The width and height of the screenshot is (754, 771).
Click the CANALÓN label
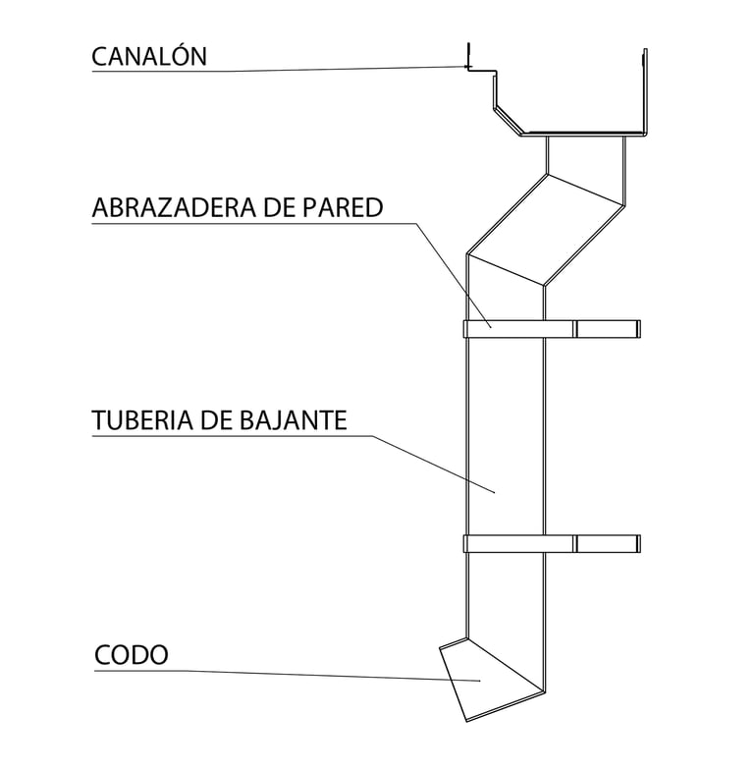pos(149,56)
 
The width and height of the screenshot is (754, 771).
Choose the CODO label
pos(131,654)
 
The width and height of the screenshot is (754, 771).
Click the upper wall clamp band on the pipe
pos(518,328)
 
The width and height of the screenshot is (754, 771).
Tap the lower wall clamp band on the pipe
pos(518,543)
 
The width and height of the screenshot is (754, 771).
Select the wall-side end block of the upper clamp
pos(608,328)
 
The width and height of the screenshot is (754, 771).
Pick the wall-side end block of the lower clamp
pos(608,543)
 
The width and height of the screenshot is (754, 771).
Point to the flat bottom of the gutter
pos(584,132)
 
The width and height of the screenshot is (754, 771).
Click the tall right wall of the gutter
pos(645,88)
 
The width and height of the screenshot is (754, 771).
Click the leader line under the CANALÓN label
pos(295,70)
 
